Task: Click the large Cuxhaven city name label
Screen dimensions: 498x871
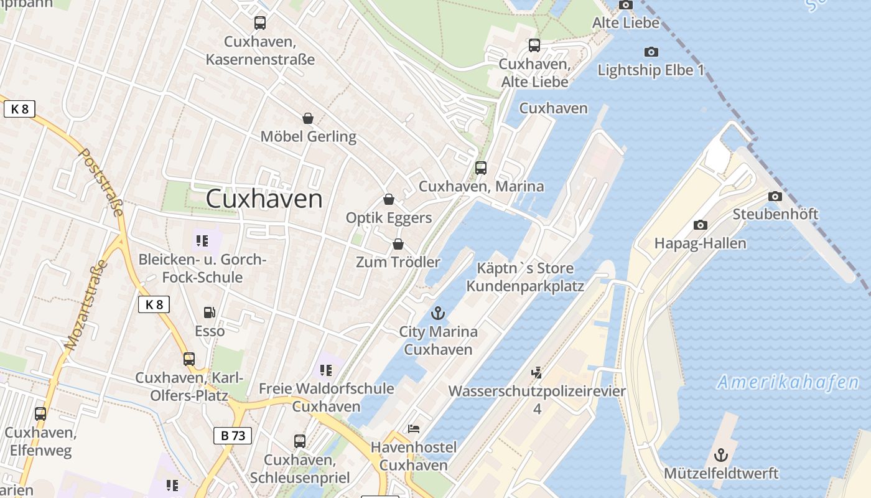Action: [x=264, y=199]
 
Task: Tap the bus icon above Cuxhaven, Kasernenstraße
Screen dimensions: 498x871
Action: [x=260, y=23]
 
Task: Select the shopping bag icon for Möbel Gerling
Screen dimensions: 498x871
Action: [x=307, y=118]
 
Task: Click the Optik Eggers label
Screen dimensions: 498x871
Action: [x=389, y=218]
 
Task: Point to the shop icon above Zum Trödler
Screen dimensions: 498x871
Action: [x=398, y=244]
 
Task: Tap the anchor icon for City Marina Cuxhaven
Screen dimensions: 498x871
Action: [x=439, y=313]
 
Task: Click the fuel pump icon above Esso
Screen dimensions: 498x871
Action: [x=210, y=312]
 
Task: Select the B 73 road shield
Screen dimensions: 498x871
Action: [x=233, y=436]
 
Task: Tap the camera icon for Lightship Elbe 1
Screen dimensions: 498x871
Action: [x=651, y=52]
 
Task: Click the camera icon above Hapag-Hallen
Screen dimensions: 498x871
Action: [x=700, y=225]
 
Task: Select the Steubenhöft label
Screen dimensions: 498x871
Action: [x=775, y=214]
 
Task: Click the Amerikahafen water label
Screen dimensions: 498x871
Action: [x=788, y=382]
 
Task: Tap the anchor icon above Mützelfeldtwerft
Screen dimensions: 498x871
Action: [x=720, y=455]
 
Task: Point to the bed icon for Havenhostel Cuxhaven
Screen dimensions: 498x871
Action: [x=414, y=429]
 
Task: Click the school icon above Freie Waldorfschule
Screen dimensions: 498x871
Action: [x=326, y=370]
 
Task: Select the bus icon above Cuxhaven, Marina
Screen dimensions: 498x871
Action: [x=481, y=168]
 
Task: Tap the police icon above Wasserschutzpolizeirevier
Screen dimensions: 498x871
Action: [x=537, y=373]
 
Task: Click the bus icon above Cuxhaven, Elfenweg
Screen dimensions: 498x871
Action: [x=40, y=413]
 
